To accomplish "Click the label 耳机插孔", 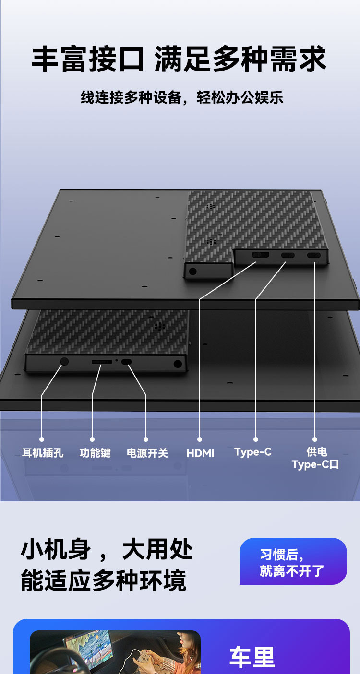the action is [x=43, y=453].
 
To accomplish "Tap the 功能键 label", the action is [x=95, y=453].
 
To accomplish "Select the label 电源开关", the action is [x=147, y=453].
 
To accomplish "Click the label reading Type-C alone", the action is [x=253, y=452].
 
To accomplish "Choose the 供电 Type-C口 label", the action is [x=315, y=458].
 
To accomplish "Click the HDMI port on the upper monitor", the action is [x=260, y=255].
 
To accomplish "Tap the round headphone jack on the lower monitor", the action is [x=64, y=361].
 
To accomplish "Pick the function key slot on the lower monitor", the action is [x=102, y=361].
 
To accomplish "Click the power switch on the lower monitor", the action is [x=126, y=362].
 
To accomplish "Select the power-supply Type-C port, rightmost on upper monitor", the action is [x=313, y=256].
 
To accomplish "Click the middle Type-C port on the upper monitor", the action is [x=288, y=255].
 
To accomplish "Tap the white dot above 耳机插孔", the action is [x=42, y=439].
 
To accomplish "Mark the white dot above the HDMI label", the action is [x=200, y=439].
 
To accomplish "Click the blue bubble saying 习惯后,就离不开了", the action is [x=293, y=561].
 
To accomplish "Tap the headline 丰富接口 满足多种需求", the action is [x=179, y=59].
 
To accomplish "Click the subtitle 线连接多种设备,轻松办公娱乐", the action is [x=182, y=97].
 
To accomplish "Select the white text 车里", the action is [x=252, y=657].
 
